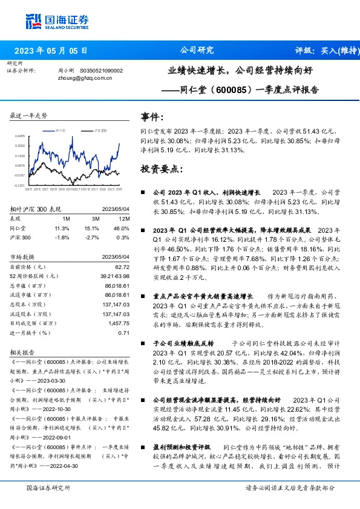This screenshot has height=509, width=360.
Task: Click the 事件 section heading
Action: pos(151,116)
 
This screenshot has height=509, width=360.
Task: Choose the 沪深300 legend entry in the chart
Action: pos(100,130)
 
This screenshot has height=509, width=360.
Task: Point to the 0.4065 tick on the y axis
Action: pos(21,137)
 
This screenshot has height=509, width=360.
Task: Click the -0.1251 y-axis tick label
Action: pos(21,186)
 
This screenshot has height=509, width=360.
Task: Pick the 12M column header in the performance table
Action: pos(125,218)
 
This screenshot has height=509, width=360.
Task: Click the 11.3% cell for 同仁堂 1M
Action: pos(63,228)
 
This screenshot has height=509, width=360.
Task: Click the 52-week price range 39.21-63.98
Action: pos(115,276)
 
